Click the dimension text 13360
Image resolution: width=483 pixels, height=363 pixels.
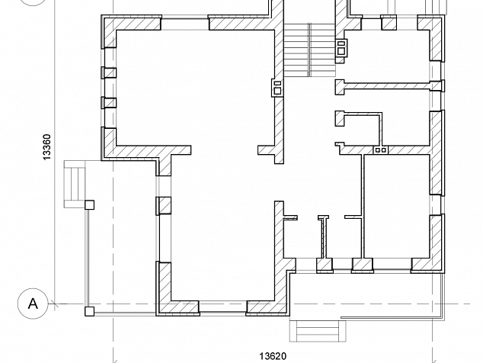pos(46,147)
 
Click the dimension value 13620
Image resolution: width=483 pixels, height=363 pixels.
pos(273,356)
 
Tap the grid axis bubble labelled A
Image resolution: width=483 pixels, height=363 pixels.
pos(33,304)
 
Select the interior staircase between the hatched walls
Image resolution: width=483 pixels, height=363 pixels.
pos(309,50)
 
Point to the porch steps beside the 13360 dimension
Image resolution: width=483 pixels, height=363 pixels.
pos(75,184)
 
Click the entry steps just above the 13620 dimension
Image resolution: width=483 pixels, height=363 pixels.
pos(318,331)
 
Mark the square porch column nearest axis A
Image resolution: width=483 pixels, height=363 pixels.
pos(89,311)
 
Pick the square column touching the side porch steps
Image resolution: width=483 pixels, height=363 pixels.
pos(89,205)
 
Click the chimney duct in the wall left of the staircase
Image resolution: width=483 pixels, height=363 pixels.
pos(277,88)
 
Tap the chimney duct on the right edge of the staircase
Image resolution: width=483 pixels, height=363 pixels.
pos(341,48)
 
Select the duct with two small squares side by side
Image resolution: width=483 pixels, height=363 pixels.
pos(381,150)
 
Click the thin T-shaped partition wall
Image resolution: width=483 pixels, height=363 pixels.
pos(323,236)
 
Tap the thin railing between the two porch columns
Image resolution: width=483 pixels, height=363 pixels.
pos(88,258)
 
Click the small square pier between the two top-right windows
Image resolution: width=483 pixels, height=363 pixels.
pos(389,23)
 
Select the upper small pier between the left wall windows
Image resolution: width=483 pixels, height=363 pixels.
pos(109,72)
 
